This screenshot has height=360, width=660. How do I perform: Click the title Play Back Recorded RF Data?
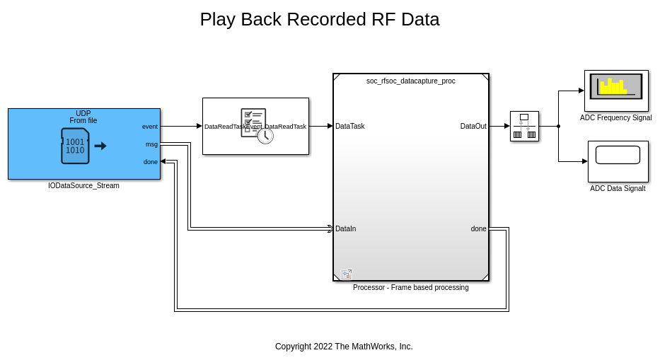click(319, 20)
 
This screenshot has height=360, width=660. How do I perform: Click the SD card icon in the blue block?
click(76, 146)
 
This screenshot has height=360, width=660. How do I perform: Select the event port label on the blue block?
click(150, 127)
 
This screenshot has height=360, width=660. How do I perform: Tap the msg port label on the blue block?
click(151, 144)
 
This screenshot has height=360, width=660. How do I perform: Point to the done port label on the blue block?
click(151, 162)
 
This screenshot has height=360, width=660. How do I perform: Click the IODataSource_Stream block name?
click(83, 186)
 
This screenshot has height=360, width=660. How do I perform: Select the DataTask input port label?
click(350, 127)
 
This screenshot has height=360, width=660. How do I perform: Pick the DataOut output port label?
click(473, 127)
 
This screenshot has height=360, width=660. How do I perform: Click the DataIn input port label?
click(346, 228)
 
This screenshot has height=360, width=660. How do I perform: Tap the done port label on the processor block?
click(479, 228)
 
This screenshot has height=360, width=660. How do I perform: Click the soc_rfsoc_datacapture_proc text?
click(410, 81)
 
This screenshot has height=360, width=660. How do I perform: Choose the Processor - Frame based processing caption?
click(410, 287)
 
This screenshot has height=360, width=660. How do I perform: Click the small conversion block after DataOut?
click(524, 126)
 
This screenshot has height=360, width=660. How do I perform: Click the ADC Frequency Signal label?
click(615, 118)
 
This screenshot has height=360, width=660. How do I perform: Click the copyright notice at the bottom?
click(344, 347)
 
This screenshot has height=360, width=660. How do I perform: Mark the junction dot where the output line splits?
click(558, 127)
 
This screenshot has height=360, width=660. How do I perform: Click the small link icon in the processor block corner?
click(347, 274)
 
